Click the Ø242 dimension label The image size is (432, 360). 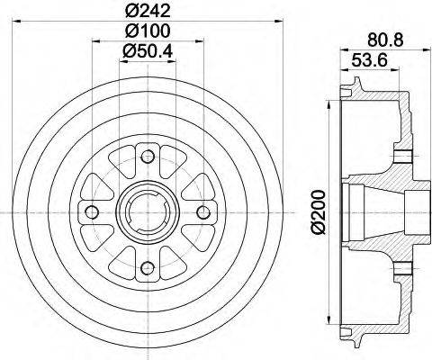[x=148, y=13]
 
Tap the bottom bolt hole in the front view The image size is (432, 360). [x=148, y=265]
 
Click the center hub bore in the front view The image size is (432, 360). [x=148, y=212]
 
